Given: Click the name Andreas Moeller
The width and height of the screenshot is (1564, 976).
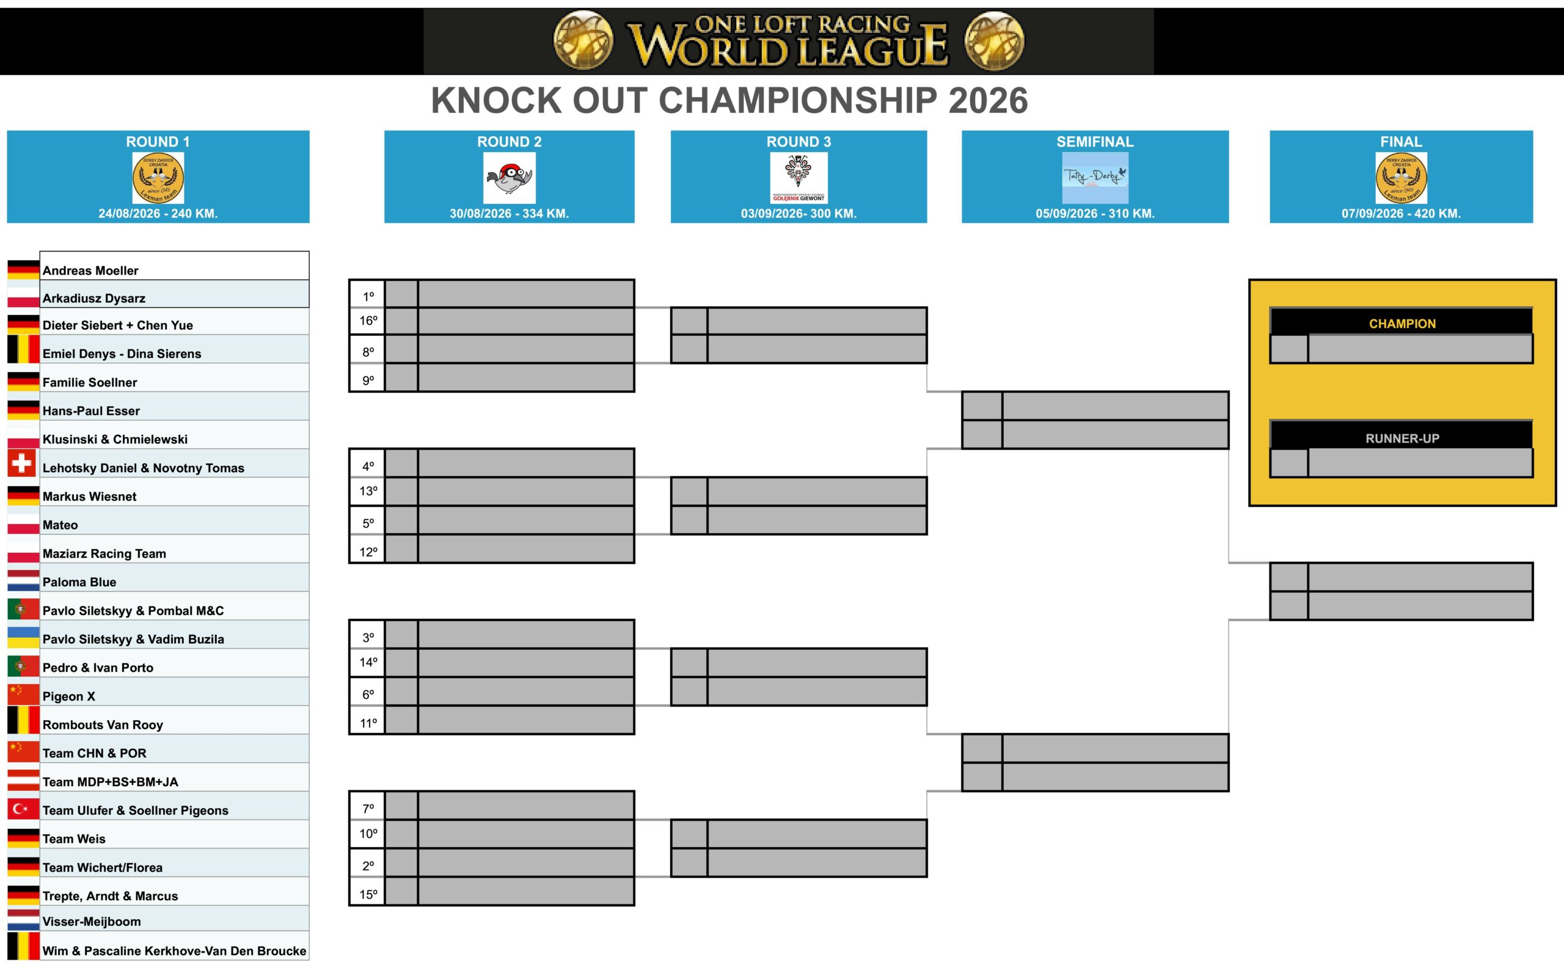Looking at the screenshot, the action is [90, 271].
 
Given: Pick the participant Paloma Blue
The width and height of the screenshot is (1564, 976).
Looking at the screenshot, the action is [79, 582].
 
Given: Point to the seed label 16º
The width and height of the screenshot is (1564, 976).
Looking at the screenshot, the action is [368, 321].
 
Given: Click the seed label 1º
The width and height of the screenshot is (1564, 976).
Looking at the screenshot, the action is [368, 296].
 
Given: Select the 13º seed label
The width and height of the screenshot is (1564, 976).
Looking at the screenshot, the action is [368, 491].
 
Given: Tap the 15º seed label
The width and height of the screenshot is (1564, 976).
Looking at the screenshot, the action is [368, 895].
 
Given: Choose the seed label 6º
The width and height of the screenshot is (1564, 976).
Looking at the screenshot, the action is [368, 694].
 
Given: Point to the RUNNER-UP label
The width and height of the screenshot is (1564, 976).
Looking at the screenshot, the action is [1402, 439].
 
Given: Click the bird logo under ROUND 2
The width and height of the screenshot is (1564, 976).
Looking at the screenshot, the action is [510, 178].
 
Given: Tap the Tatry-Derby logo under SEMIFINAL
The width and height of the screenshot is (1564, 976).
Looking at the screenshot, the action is [1095, 178].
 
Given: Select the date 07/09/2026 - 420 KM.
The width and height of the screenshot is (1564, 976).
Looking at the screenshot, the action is [1401, 214].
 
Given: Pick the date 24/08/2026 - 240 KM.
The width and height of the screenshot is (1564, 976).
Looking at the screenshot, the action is [158, 214].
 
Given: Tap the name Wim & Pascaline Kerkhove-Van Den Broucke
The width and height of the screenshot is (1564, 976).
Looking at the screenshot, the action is [174, 951].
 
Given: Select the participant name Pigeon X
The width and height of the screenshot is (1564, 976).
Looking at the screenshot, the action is [69, 696].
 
